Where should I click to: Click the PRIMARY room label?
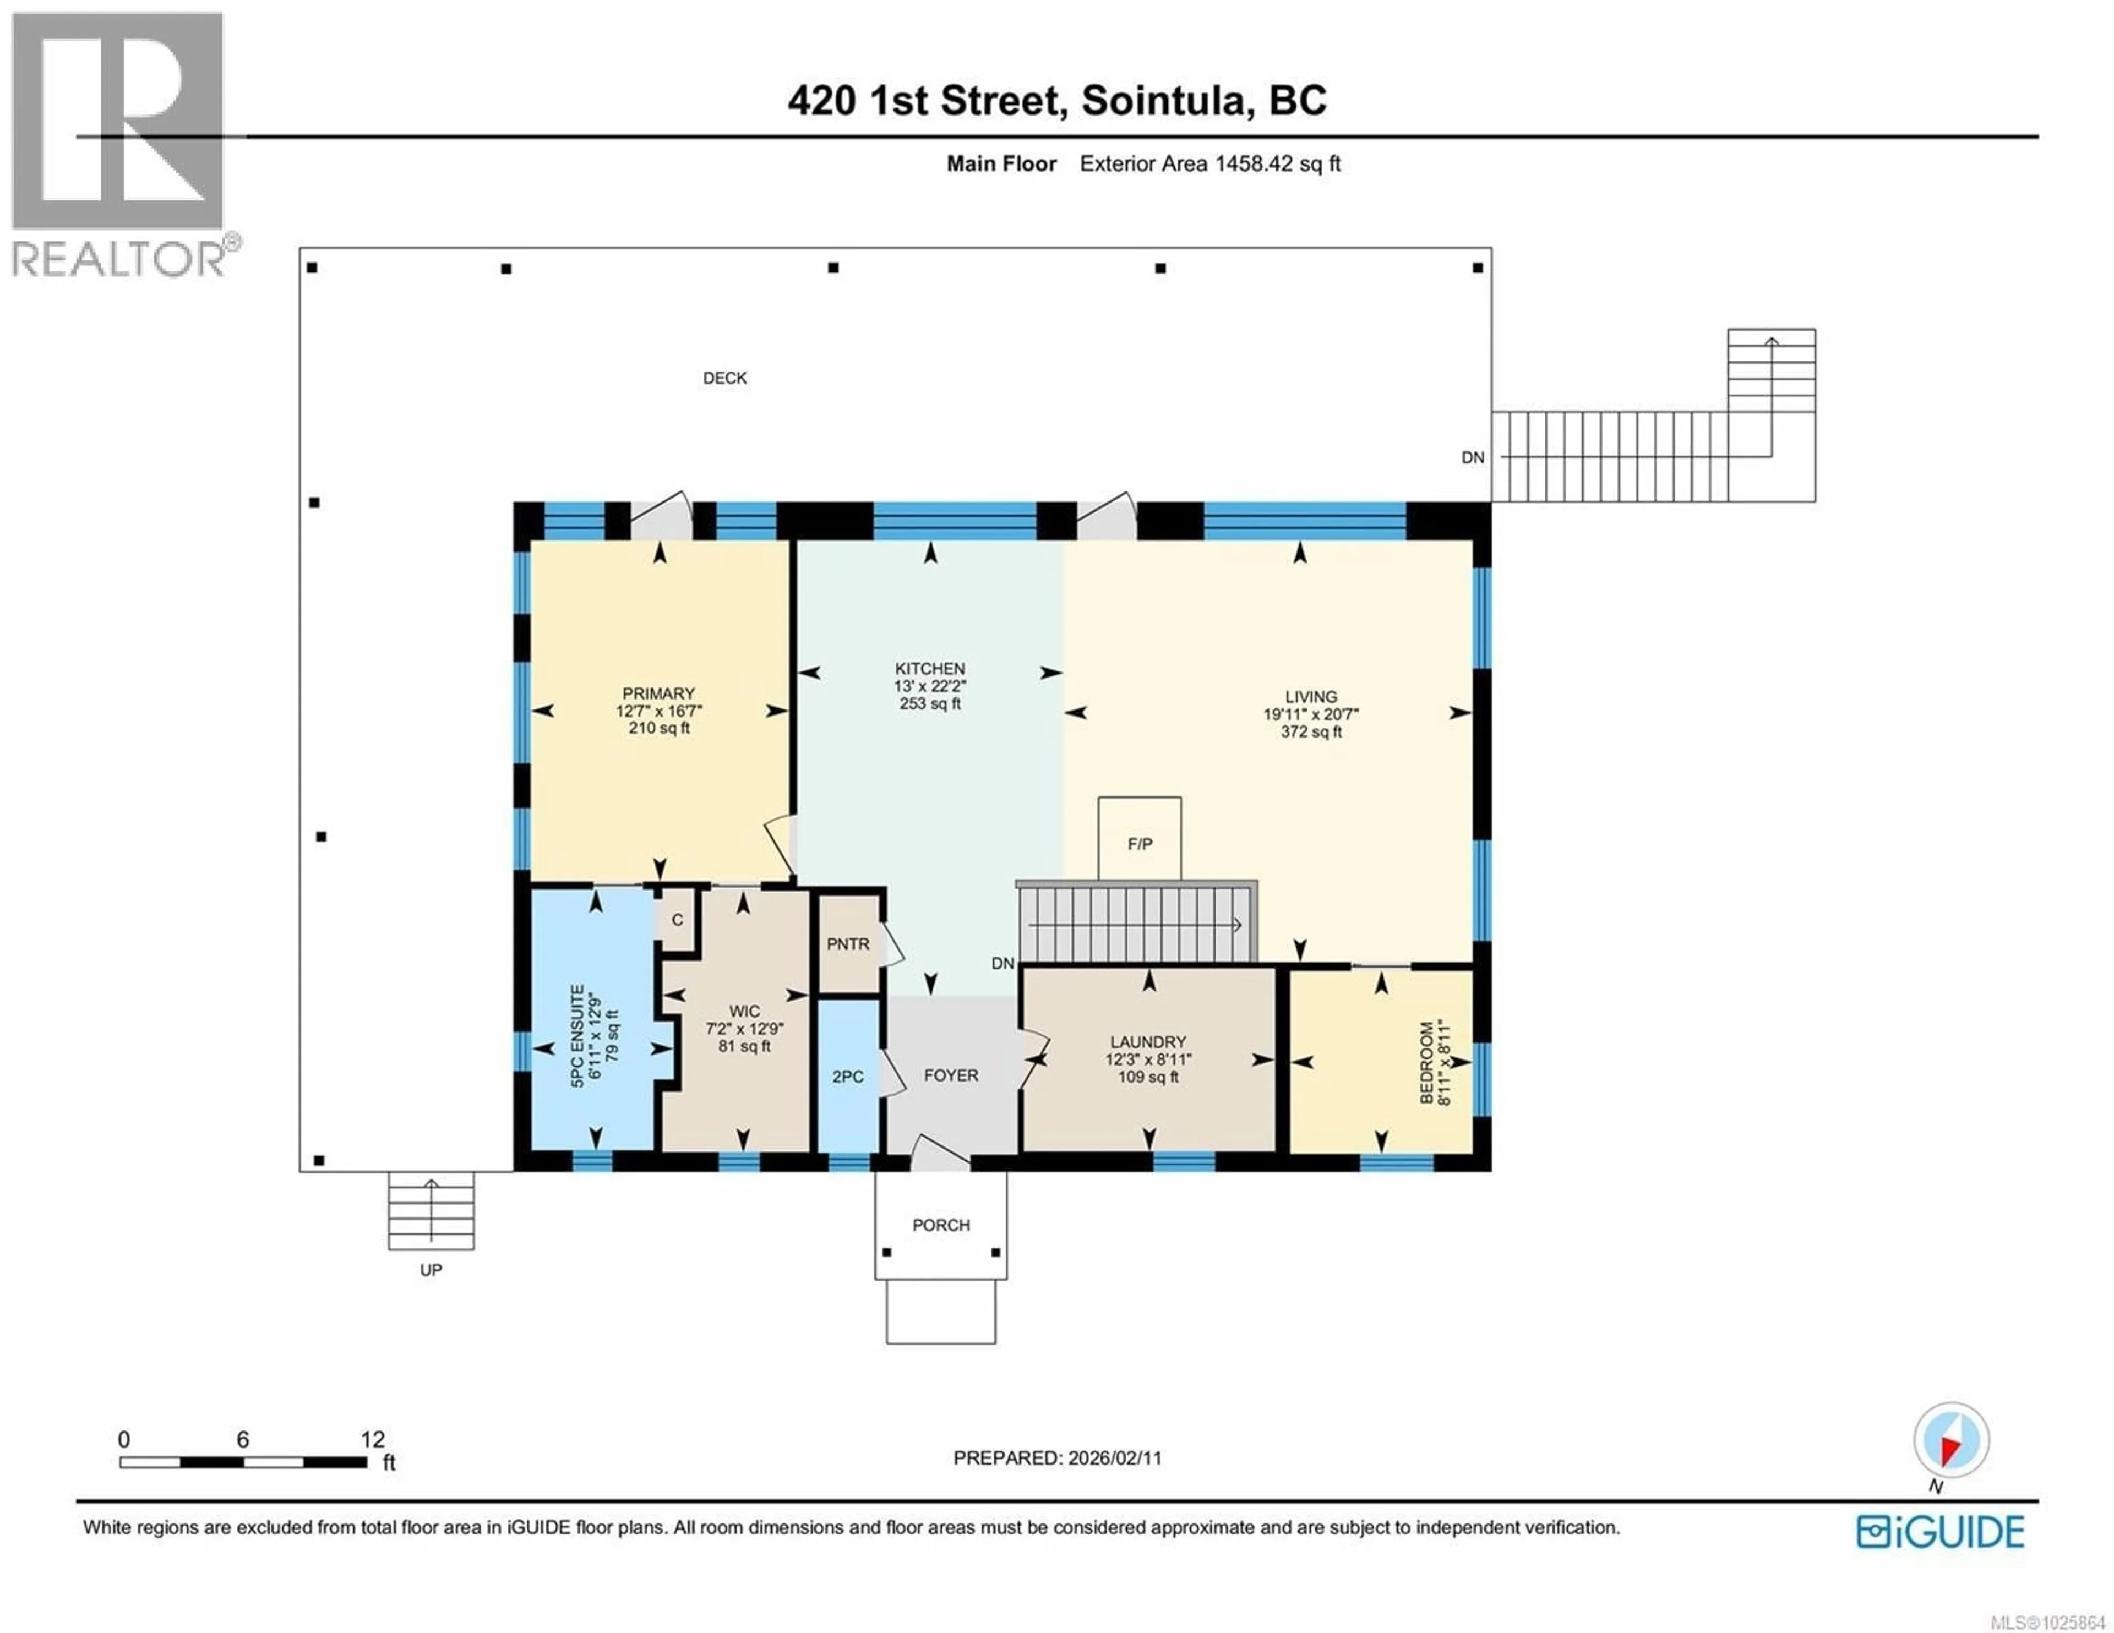pos(658,693)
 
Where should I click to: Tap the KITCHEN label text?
pos(929,669)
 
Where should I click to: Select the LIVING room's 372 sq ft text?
pos(1311,732)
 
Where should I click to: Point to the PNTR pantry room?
pos(848,944)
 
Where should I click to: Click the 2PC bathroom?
pos(848,1077)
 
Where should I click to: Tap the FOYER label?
pos(951,1075)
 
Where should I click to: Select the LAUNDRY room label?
pos(1148,1041)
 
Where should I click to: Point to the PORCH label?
pos(941,1225)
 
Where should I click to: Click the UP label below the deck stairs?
pos(431,1270)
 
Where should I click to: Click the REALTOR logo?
pos(121,145)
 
